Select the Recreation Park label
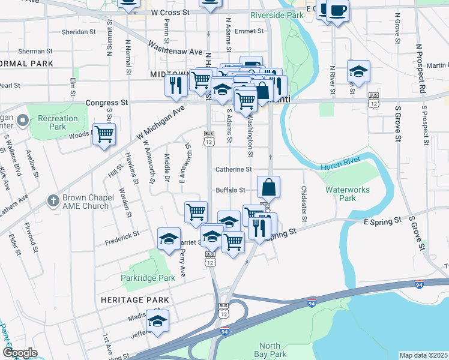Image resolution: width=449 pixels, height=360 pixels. coord(58,122)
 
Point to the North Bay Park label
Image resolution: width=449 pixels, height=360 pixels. coord(273,350)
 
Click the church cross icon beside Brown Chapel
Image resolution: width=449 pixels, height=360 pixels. coord(53,200)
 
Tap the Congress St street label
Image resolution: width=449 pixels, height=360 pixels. coord(107,103)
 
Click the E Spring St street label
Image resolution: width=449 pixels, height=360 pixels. coord(382,221)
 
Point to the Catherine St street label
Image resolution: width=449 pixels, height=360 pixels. coord(233,170)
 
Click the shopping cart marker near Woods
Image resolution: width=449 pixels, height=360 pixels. coord(104,134)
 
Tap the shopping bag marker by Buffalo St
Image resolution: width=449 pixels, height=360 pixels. coord(268,187)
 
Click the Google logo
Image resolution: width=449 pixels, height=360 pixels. coord(20,353)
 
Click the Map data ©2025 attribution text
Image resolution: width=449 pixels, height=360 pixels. coord(423,355)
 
